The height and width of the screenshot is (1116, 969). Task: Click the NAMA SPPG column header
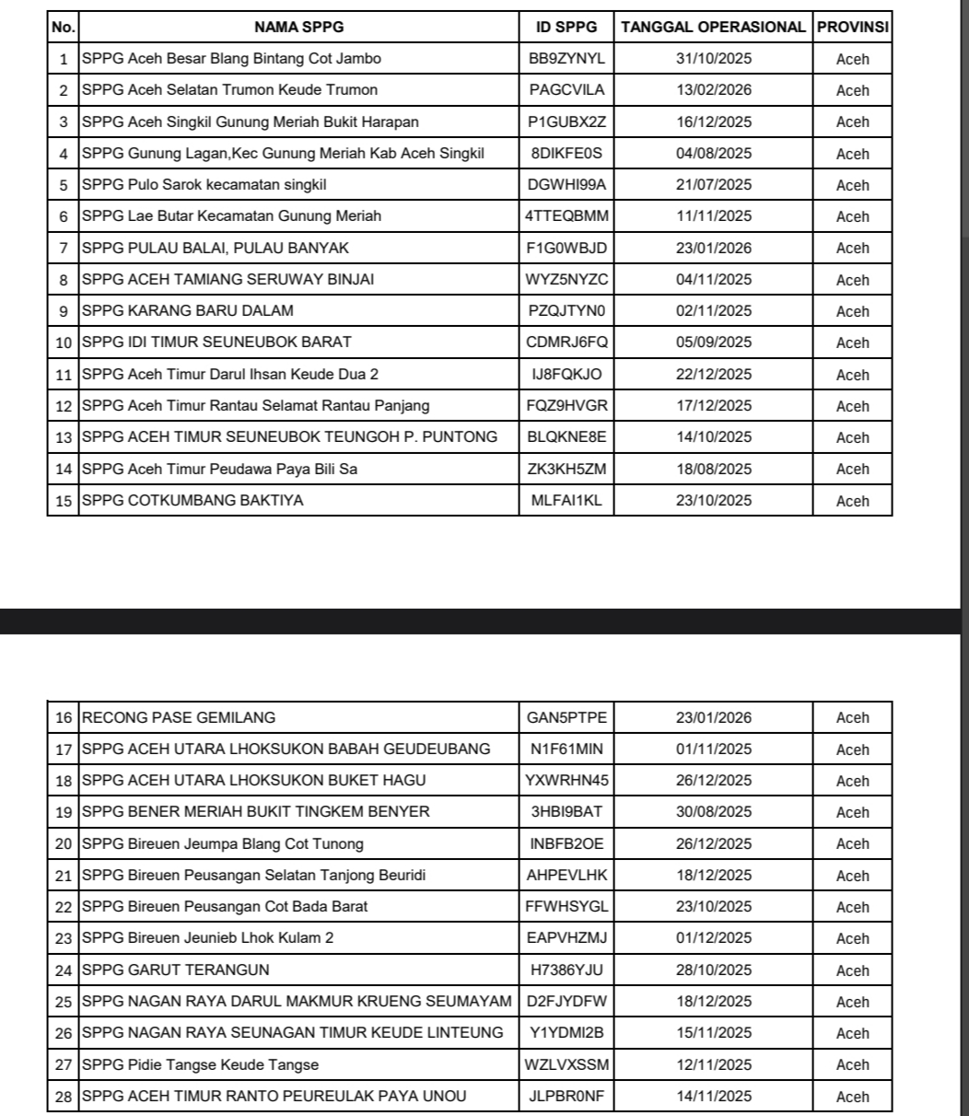pos(298,27)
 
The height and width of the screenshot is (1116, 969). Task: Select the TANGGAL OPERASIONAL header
pos(713,27)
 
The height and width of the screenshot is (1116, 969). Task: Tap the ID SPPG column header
pos(566,27)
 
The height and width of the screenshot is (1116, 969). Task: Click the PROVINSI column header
pos(852,27)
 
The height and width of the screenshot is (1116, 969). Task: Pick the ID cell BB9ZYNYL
pos(566,59)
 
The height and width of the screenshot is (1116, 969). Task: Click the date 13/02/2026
pos(713,90)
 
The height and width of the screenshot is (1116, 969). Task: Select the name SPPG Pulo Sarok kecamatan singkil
pos(204,185)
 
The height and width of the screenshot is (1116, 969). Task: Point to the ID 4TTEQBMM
pos(566,216)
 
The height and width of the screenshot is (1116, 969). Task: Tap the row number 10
pos(64,343)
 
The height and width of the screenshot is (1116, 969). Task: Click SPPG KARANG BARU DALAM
pos(188,311)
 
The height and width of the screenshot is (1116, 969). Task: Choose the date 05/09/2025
pos(713,343)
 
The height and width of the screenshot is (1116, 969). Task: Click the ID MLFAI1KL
pos(566,501)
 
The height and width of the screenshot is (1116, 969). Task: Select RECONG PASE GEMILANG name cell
pos(179,718)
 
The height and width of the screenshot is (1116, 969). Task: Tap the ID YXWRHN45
pos(566,781)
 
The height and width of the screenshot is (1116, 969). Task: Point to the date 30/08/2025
pos(713,812)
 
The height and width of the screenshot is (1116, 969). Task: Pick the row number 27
pos(64,1065)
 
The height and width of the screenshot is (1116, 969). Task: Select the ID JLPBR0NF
pos(566,1097)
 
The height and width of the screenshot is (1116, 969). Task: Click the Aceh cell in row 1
pos(852,59)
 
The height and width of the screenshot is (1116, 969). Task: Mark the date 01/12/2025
pos(713,939)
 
